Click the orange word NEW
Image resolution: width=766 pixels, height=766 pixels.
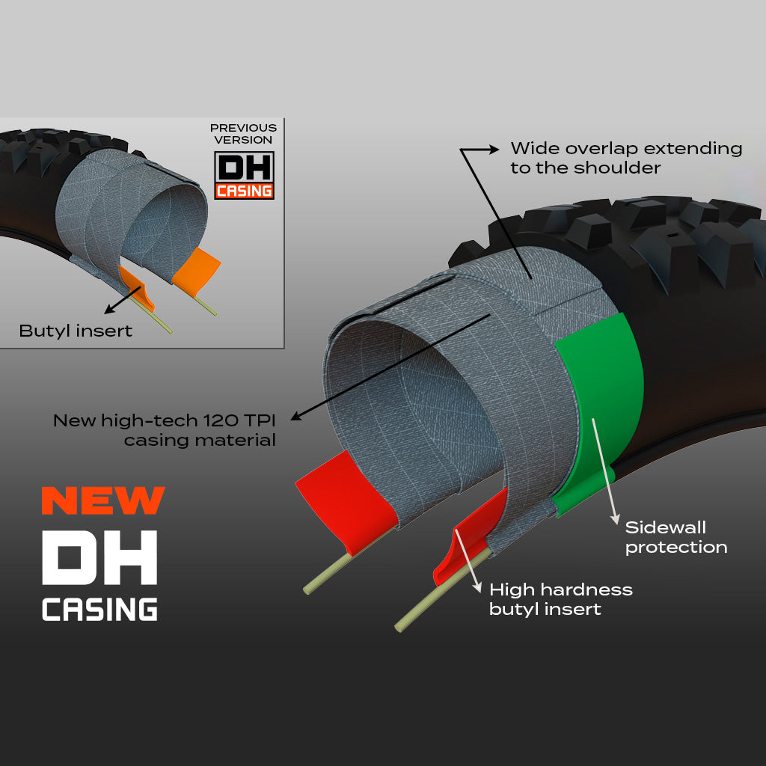coord(103,500)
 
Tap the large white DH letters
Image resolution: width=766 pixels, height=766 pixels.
coord(99,557)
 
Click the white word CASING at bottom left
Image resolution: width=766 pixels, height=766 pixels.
coord(99,609)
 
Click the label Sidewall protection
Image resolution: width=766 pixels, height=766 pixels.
coord(676,537)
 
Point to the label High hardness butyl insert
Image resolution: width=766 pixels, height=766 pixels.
coord(561,599)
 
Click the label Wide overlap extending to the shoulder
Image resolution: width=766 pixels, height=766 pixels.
coord(626,158)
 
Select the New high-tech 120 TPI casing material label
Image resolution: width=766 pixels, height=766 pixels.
coord(164,430)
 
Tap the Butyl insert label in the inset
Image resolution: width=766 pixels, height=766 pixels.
coord(76,331)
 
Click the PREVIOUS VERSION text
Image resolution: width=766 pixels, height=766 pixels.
coord(243,133)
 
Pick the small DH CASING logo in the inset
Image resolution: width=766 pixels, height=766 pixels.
coord(245,175)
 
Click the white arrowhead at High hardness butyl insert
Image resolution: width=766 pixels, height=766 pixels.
coord(477,587)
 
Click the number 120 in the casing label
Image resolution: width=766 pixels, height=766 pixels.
coord(219,420)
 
